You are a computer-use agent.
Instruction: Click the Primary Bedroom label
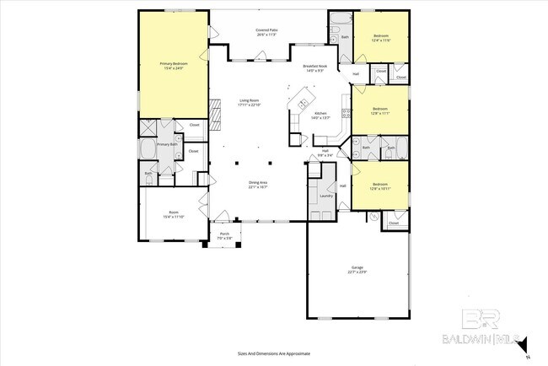click(x=174, y=63)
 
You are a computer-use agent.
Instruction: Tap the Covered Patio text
click(x=268, y=31)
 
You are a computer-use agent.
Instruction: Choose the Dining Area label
click(x=258, y=183)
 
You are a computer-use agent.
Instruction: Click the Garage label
click(x=357, y=267)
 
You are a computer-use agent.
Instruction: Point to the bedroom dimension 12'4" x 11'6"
click(x=380, y=40)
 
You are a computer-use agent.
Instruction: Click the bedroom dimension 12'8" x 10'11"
click(x=380, y=187)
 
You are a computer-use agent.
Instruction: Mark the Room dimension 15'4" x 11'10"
click(x=174, y=217)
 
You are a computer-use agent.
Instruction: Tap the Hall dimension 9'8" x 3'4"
click(x=324, y=156)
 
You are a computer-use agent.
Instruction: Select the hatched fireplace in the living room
click(x=215, y=113)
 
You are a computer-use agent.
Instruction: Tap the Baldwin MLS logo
click(x=485, y=330)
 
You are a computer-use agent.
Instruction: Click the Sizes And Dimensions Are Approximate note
click(x=273, y=354)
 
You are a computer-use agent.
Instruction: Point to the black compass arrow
click(x=523, y=345)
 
